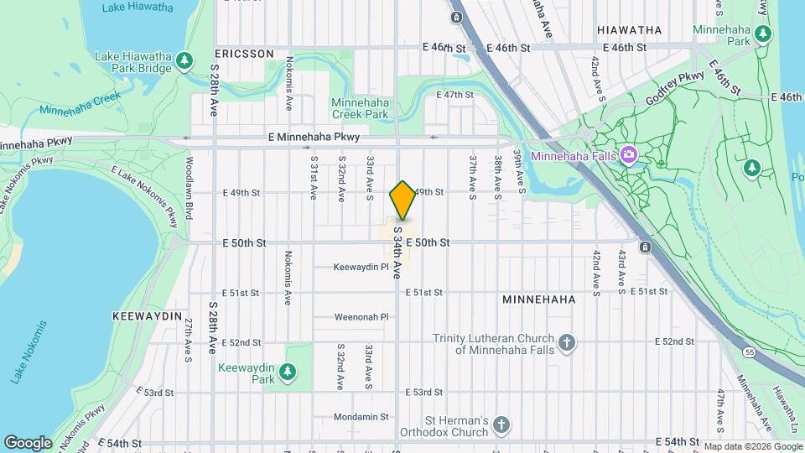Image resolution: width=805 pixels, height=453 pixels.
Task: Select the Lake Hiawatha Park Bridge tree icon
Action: click(185, 60)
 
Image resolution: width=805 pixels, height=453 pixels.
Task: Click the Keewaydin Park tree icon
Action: click(288, 371)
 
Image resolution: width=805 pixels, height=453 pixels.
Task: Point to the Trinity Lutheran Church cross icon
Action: click(568, 342)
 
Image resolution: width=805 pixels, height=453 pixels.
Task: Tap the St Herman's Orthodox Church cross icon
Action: click(501, 424)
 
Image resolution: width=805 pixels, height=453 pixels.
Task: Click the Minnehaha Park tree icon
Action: click(762, 34)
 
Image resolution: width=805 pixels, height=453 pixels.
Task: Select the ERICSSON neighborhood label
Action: click(244, 53)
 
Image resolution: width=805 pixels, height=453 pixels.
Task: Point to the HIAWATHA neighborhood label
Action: click(629, 30)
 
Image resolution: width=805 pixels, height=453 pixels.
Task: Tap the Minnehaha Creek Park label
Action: click(360, 107)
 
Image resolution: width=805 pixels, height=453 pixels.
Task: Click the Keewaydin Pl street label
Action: click(361, 268)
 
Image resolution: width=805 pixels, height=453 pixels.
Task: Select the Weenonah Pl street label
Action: click(362, 317)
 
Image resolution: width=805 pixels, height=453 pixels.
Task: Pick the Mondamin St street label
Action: click(361, 416)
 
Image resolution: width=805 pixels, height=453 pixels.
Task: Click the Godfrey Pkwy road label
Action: click(674, 89)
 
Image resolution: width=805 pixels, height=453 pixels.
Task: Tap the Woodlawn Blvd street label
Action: click(190, 199)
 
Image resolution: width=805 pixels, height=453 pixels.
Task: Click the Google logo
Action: click(28, 442)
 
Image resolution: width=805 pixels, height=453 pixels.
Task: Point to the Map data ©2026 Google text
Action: click(751, 446)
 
